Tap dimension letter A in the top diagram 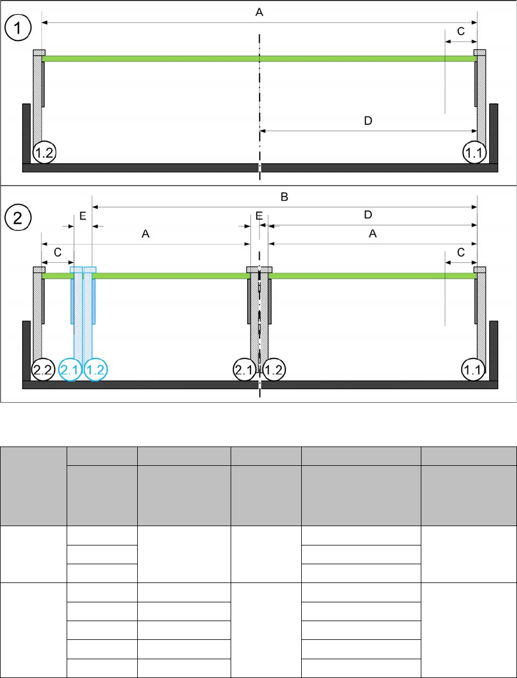[259, 13]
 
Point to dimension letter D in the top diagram [368, 121]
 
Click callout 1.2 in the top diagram [44, 152]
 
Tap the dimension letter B [285, 197]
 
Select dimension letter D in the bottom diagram [368, 215]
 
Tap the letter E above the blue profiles [83, 216]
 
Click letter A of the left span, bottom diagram [145, 234]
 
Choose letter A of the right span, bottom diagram [373, 234]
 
